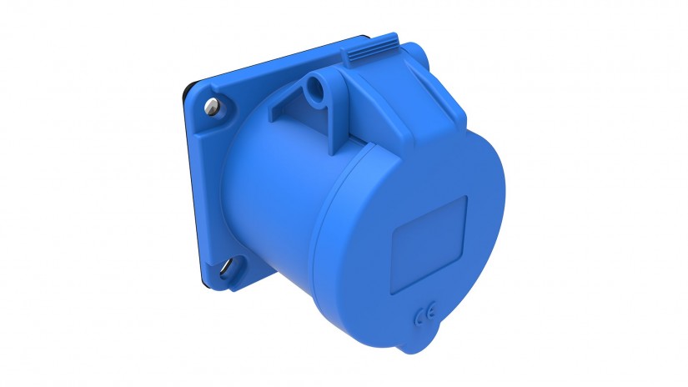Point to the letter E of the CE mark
click(431, 313)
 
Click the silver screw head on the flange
click(212, 106)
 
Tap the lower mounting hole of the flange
click(228, 267)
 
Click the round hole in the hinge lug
click(314, 87)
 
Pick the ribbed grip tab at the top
click(369, 49)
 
